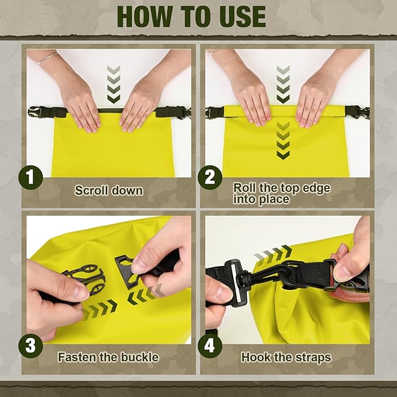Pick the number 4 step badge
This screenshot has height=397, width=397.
(x=209, y=346)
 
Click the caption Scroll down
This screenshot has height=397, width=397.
(x=109, y=191)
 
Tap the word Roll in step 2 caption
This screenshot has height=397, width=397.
(x=245, y=188)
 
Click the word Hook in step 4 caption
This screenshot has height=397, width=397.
(x=256, y=356)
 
